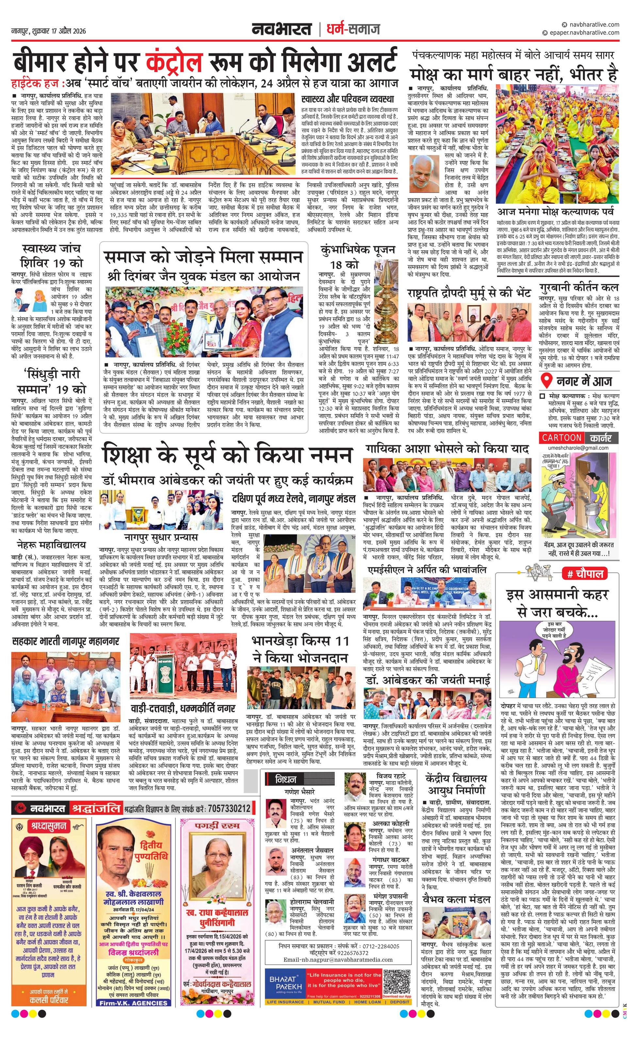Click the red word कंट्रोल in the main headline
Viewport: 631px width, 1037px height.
174,60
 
